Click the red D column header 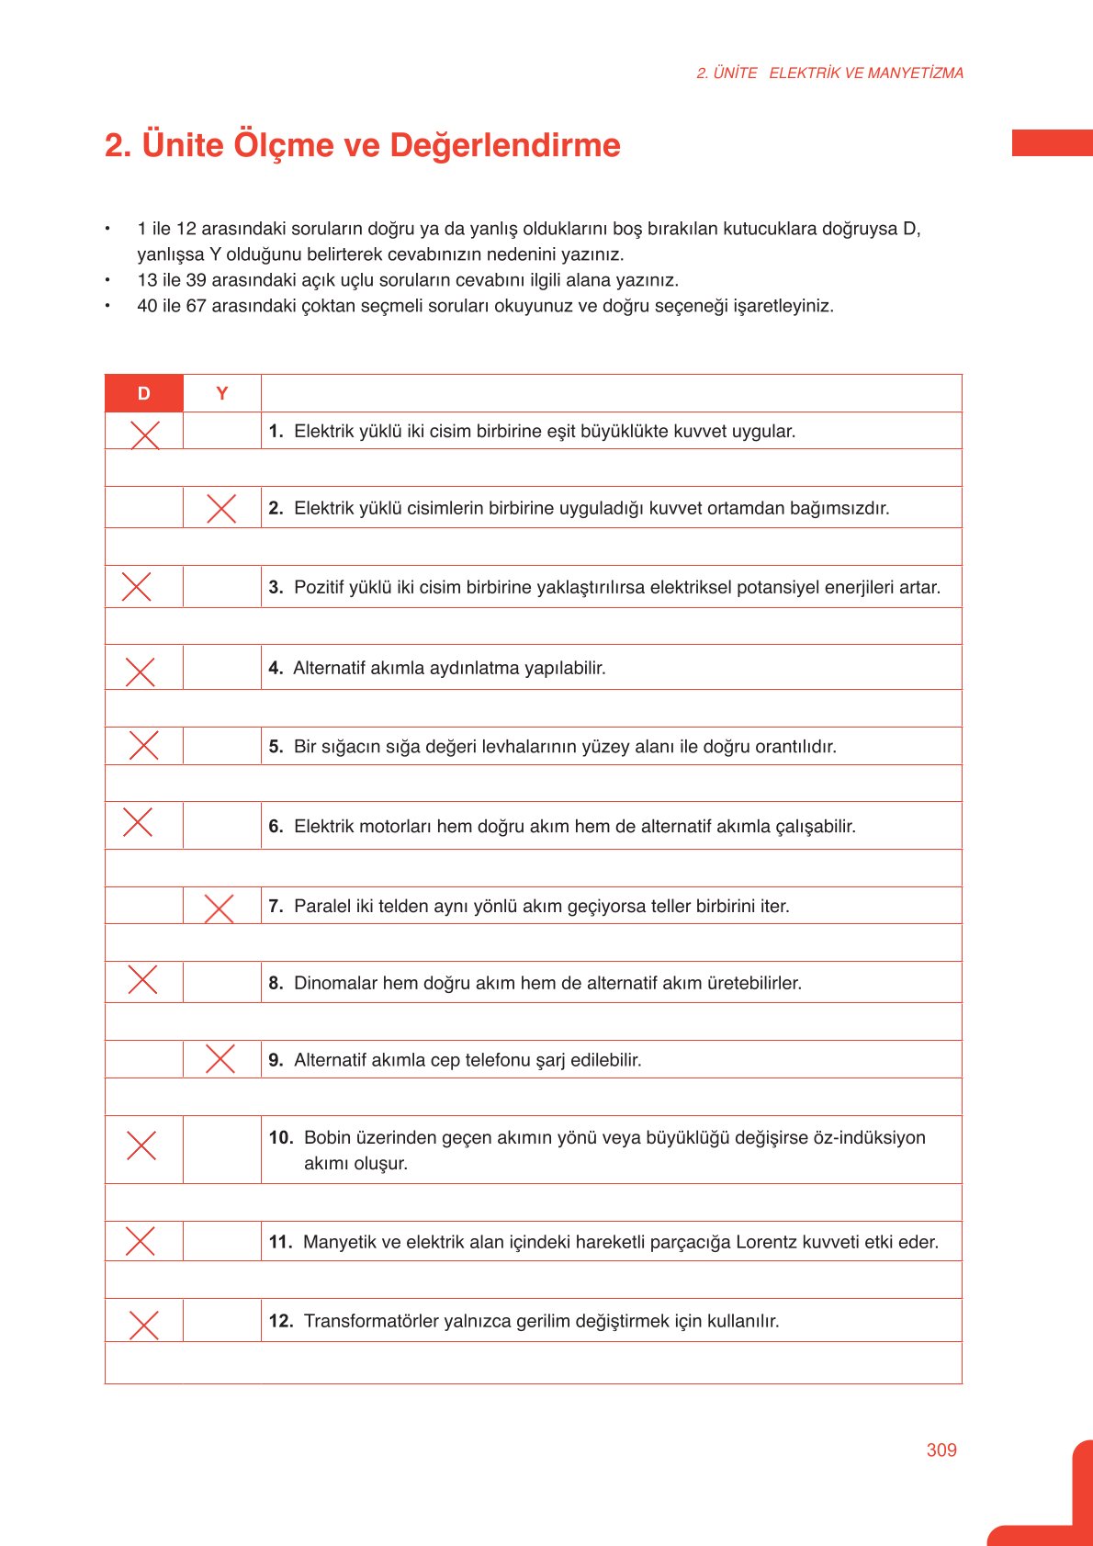tap(144, 393)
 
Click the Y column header tap(221, 393)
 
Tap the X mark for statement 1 tap(145, 434)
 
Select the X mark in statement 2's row tap(221, 508)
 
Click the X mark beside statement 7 tap(219, 908)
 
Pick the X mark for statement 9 tap(220, 1058)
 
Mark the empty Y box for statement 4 tap(221, 668)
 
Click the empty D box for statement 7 tap(144, 906)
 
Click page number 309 tap(941, 1450)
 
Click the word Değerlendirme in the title tap(505, 145)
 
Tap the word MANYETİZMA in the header tap(915, 73)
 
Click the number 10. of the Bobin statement tap(280, 1137)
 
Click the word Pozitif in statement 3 tap(321, 587)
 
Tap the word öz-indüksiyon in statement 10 tap(869, 1137)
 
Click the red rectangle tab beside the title tap(1052, 143)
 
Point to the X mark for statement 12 tap(143, 1325)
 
